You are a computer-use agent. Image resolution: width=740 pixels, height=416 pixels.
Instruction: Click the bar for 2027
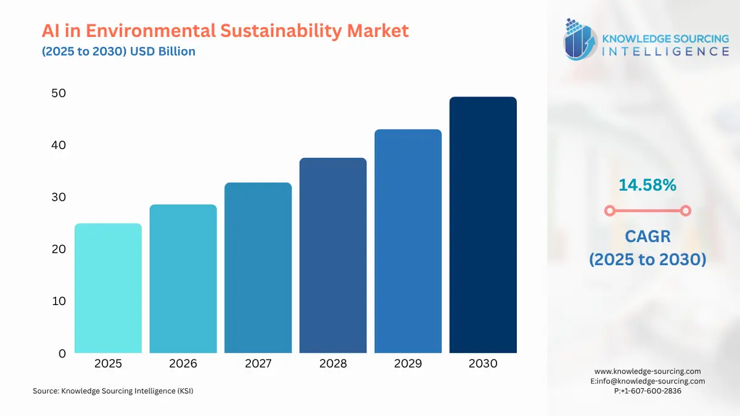(x=258, y=267)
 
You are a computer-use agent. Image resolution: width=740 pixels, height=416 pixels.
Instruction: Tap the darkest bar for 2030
(x=483, y=225)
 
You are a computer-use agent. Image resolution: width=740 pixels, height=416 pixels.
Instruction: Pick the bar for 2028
(x=333, y=255)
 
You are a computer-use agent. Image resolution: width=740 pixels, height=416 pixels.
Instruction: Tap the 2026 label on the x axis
(x=183, y=364)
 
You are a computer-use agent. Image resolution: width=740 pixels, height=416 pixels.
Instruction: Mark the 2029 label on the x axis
(x=408, y=364)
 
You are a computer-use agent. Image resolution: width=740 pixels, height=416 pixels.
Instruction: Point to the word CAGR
(x=647, y=236)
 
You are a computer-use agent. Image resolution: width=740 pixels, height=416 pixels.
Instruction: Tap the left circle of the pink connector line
(x=609, y=211)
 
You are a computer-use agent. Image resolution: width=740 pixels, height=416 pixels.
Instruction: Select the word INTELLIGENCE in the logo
(x=665, y=52)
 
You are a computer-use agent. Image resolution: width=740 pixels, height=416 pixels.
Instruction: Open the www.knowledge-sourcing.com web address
(x=647, y=371)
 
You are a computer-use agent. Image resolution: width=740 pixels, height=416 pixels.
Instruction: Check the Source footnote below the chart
(x=113, y=391)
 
